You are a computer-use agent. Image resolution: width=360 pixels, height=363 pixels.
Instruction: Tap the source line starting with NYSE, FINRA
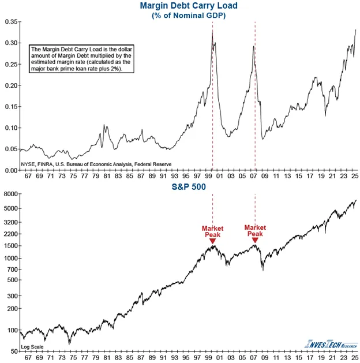coord(96,164)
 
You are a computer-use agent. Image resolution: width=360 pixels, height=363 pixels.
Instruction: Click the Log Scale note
coord(33,347)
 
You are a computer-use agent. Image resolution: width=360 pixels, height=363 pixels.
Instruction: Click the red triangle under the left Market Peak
coord(212,241)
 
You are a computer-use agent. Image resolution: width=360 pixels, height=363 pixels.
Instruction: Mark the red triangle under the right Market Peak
coord(255,239)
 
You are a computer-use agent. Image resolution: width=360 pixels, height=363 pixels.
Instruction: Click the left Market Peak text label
coord(212,231)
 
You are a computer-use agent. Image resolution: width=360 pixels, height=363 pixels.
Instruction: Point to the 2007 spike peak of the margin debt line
coord(254,46)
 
